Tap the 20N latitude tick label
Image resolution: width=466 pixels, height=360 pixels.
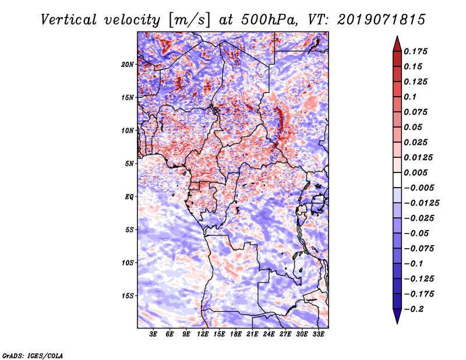pyautogui.click(x=128, y=64)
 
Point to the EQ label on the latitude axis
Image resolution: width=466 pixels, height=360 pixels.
pyautogui.click(x=129, y=197)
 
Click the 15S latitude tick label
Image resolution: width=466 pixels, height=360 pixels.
pyautogui.click(x=128, y=296)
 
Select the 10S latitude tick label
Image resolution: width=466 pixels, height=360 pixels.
pyautogui.click(x=128, y=263)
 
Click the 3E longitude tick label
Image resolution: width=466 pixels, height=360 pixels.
pyautogui.click(x=154, y=335)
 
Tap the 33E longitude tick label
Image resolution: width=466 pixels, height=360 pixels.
pyautogui.click(x=319, y=335)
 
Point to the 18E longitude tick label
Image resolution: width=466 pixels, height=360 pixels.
pyautogui.click(x=236, y=335)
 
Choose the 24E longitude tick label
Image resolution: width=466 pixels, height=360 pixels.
pyautogui.click(x=269, y=335)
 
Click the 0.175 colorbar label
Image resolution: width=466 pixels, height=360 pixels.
pyautogui.click(x=417, y=52)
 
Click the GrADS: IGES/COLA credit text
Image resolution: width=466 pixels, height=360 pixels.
pyautogui.click(x=33, y=355)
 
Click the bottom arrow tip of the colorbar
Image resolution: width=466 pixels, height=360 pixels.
pyautogui.click(x=396, y=322)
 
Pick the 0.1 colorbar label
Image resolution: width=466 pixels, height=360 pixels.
pyautogui.click(x=412, y=97)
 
